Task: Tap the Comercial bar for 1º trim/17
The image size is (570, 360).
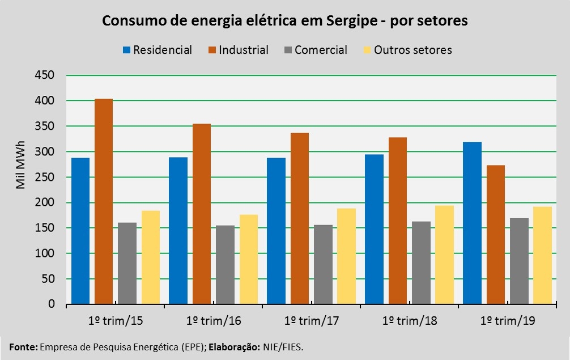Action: click(323, 264)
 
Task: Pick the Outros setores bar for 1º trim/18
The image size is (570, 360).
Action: click(445, 255)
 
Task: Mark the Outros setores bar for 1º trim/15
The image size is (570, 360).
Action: click(151, 257)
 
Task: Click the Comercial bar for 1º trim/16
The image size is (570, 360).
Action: click(225, 265)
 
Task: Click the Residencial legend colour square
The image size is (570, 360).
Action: click(126, 50)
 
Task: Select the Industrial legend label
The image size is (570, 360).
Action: click(244, 50)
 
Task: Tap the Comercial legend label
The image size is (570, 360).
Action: click(321, 50)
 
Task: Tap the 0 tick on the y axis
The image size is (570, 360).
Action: click(51, 304)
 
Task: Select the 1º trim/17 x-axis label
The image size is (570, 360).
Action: click(312, 321)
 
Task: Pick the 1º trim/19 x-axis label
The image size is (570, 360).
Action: click(508, 321)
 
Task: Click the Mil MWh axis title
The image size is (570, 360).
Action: click(20, 164)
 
